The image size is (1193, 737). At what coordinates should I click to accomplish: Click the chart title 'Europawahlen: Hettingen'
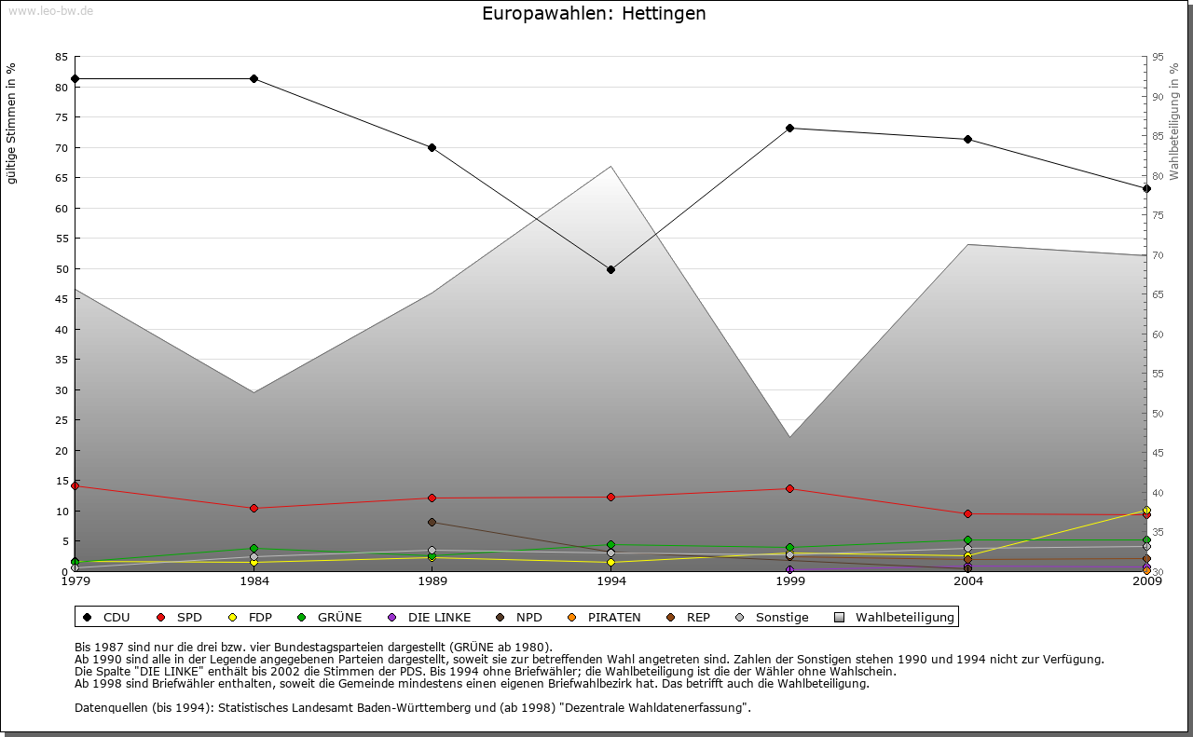coord(594,14)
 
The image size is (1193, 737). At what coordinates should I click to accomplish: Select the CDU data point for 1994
coord(610,270)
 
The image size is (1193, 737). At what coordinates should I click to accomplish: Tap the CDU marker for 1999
coord(789,128)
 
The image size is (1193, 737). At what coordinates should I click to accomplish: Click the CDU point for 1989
coord(432,147)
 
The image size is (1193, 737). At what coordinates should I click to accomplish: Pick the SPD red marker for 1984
coord(254,508)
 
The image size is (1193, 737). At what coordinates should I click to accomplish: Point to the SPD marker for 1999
coord(789,488)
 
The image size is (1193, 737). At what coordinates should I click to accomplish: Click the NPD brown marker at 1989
coord(432,522)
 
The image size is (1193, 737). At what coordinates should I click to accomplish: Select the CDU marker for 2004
coord(968,139)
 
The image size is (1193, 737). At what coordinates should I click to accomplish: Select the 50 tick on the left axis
coord(62,269)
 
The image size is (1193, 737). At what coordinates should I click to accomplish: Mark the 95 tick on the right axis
coord(1158,57)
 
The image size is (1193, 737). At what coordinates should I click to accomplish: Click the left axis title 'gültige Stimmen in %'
coord(12,124)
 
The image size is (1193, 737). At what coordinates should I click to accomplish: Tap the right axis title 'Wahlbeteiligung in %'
coord(1174,122)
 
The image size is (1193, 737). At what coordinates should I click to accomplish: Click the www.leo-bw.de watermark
coord(48,10)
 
